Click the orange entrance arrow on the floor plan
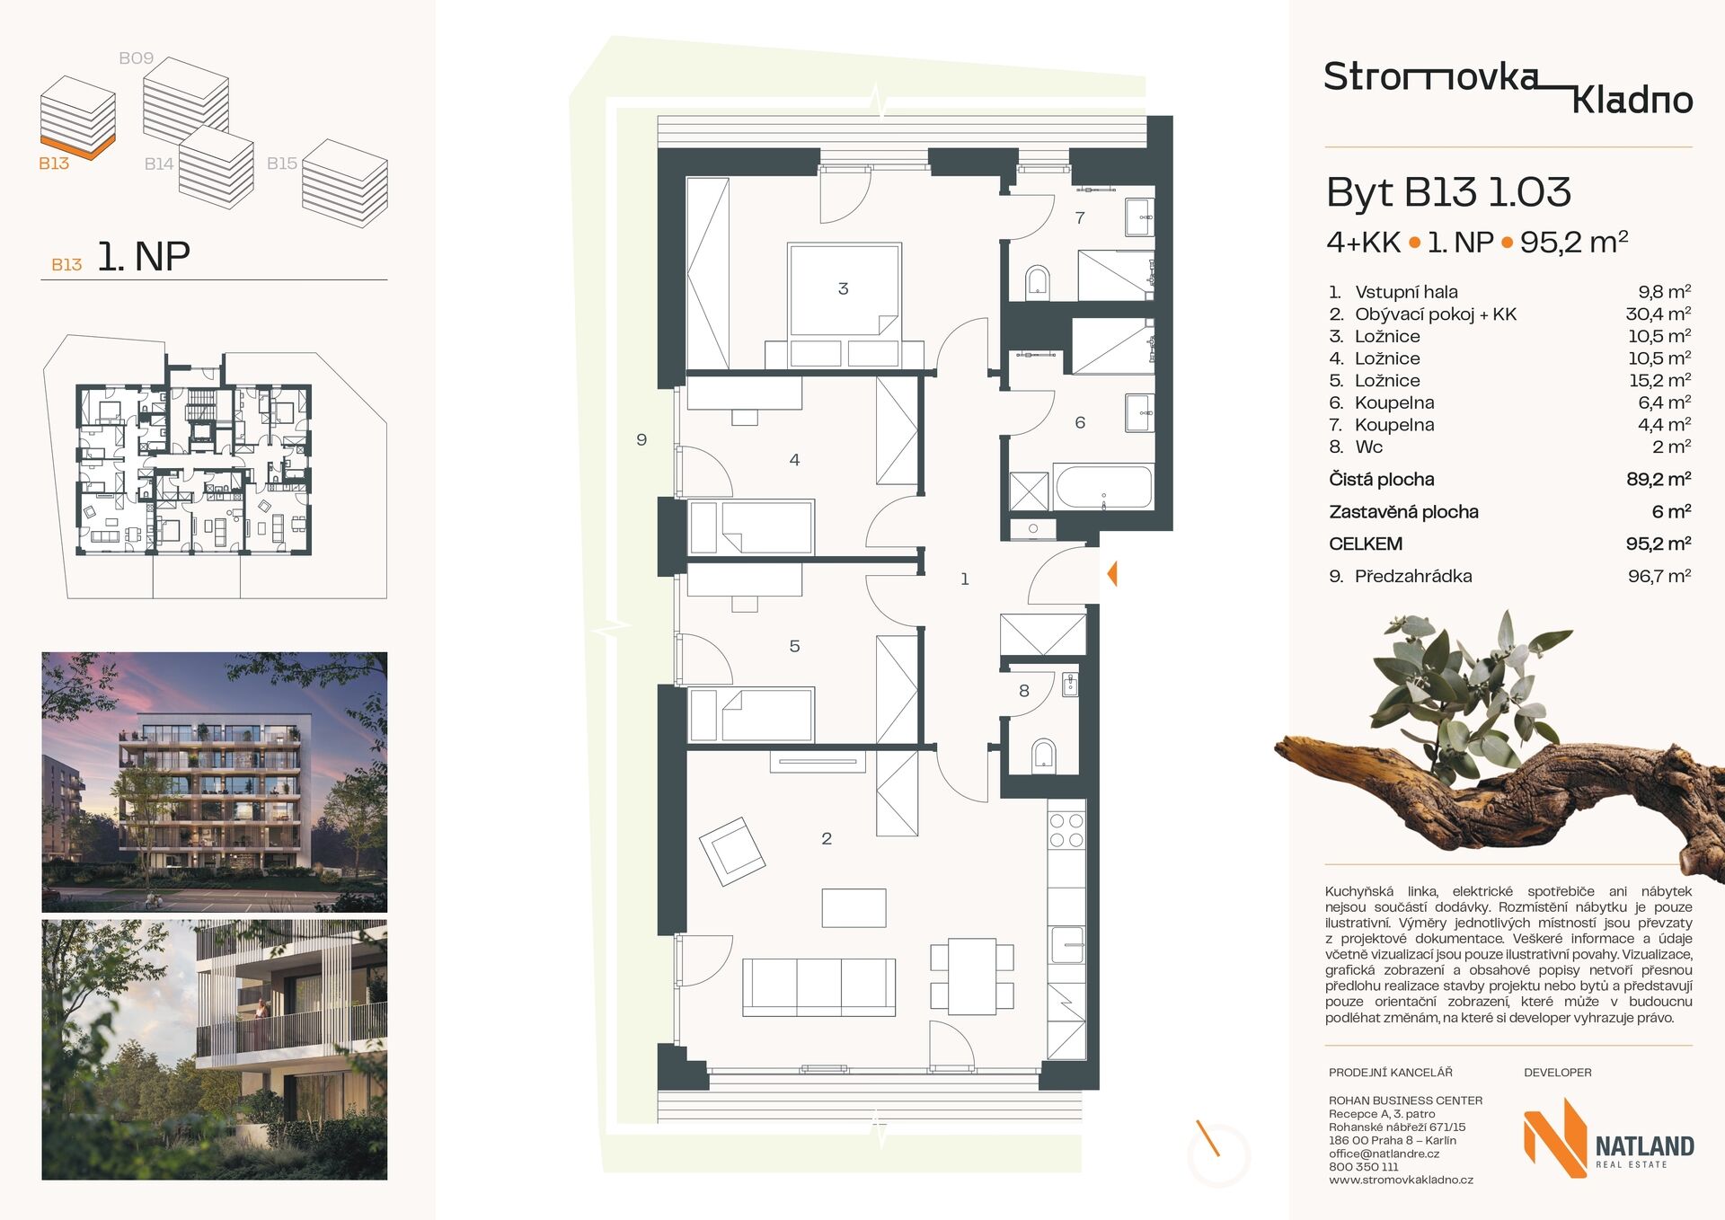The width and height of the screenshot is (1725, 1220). coord(1112,573)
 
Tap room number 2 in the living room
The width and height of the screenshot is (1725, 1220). coord(827,838)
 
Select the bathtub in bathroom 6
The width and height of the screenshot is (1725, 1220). coord(1103,487)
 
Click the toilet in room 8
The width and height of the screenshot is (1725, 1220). coord(1043,756)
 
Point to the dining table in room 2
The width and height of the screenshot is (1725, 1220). coord(972,976)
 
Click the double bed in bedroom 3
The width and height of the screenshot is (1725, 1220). coord(845,305)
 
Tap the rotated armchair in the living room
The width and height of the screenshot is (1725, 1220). coord(732,850)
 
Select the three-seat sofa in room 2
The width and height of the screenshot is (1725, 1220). coord(818,986)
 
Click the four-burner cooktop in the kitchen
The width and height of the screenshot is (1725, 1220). coord(1066,830)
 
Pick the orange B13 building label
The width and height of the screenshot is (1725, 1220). coord(54,164)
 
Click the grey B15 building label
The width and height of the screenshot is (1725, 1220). coord(282,164)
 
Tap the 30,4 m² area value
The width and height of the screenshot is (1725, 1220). coord(1659,314)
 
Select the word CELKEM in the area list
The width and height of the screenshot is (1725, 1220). coord(1365,544)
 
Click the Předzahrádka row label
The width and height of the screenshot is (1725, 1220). coord(1413,576)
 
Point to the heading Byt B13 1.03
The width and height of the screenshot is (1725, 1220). coord(1448,192)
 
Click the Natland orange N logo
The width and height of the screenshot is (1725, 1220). coord(1555,1137)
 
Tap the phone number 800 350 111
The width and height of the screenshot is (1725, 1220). coord(1363,1167)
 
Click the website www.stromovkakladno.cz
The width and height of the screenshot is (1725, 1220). coord(1401,1180)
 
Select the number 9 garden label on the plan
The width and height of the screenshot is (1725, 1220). coord(641,439)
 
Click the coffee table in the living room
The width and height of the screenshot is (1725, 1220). coord(854,907)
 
